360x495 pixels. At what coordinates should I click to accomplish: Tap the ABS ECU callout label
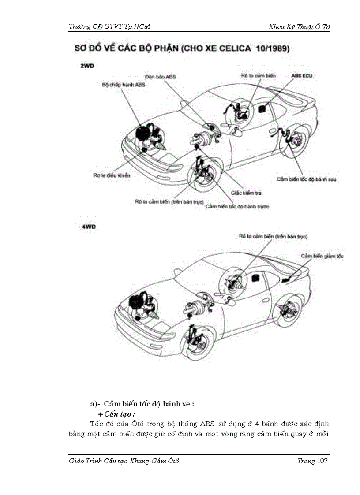302,76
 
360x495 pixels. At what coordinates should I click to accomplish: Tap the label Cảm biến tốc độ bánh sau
307,179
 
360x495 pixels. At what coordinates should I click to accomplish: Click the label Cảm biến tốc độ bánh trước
237,206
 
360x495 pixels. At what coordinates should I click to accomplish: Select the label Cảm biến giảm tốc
322,256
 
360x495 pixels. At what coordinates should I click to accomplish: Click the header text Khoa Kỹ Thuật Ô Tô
300,26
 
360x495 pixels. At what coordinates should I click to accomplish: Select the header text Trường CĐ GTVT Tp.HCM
110,26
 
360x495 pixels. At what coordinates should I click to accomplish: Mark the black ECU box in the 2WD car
264,108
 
